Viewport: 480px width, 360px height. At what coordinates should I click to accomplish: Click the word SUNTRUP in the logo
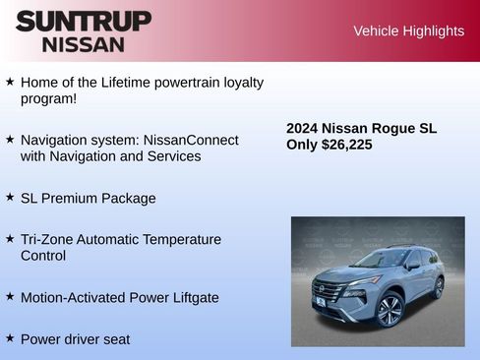tap(84, 21)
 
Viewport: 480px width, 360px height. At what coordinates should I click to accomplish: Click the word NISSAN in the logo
tap(84, 44)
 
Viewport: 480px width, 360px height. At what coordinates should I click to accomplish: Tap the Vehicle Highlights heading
tap(408, 31)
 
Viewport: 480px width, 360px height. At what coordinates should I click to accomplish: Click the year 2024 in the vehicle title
tap(302, 128)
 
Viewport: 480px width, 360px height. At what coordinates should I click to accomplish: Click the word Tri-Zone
tap(48, 239)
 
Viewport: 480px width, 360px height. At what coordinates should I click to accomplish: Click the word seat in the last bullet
tap(114, 339)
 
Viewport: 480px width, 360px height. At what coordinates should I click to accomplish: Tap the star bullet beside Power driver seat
tap(10, 337)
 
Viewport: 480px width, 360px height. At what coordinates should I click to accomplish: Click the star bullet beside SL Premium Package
tap(10, 196)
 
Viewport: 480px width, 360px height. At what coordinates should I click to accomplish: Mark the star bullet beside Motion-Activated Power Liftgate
tap(10, 295)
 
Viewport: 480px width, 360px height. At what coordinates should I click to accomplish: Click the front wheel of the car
tap(390, 312)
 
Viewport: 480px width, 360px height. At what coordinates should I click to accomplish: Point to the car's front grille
tap(327, 291)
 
